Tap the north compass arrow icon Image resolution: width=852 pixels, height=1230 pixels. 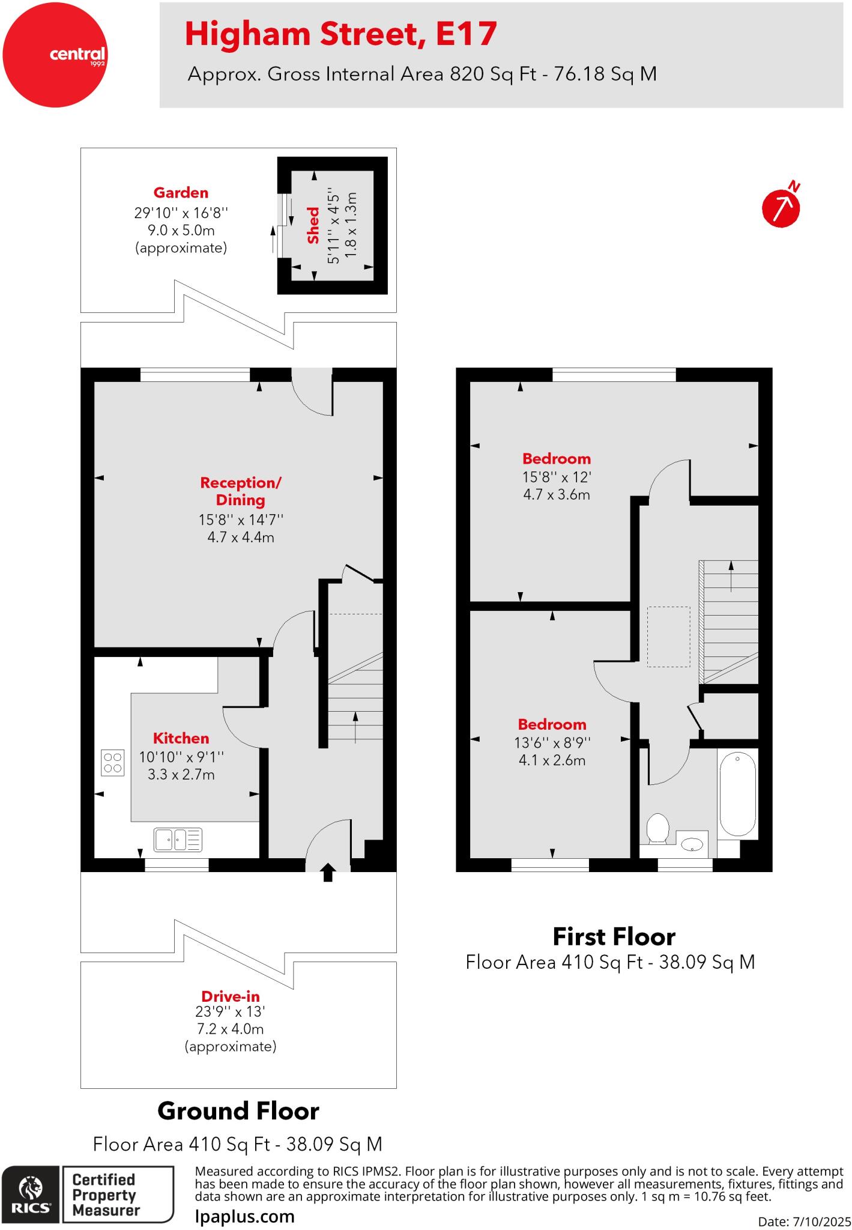pyautogui.click(x=781, y=208)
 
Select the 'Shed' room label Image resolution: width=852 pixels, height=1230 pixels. pyautogui.click(x=313, y=225)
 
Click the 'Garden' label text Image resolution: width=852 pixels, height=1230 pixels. pyautogui.click(x=181, y=193)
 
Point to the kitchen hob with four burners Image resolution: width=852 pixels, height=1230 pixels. pyautogui.click(x=112, y=763)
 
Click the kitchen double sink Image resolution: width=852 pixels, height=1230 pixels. pyautogui.click(x=178, y=840)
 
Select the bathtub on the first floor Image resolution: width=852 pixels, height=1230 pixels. pyautogui.click(x=737, y=794)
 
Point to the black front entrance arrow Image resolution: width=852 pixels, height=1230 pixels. pyautogui.click(x=328, y=872)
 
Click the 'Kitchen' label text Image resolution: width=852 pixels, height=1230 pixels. pyautogui.click(x=181, y=738)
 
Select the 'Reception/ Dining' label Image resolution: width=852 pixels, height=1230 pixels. pyautogui.click(x=240, y=491)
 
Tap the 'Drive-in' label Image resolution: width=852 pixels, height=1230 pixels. pyautogui.click(x=231, y=996)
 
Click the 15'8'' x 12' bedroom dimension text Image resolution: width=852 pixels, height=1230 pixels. pyautogui.click(x=556, y=477)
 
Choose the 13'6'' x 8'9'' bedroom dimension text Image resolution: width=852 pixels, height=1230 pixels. pyautogui.click(x=552, y=742)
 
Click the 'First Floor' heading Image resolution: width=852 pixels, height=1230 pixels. pyautogui.click(x=614, y=936)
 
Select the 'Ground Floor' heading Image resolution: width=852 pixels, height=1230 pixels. pyautogui.click(x=238, y=1111)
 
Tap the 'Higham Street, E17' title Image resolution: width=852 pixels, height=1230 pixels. pyautogui.click(x=340, y=34)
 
